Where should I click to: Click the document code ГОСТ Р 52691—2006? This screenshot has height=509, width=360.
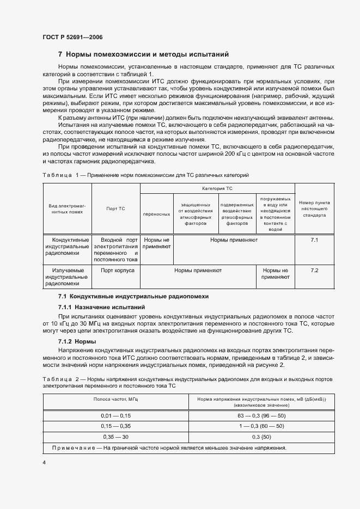tap(72, 37)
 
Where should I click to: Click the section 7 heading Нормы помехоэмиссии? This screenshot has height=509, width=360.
tap(143, 54)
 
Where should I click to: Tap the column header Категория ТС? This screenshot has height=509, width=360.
tap(217, 187)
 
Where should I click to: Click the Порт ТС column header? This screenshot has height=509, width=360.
tap(115, 208)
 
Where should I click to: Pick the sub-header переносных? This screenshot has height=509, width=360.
tap(156, 214)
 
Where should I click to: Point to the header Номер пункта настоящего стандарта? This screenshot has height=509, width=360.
tap(315, 208)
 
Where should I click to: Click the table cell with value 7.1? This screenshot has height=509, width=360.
tap(314, 240)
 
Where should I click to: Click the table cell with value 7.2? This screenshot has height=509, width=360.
tap(314, 271)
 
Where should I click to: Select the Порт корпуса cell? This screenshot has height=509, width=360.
tap(115, 270)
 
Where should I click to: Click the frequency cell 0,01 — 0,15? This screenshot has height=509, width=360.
tap(116, 416)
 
